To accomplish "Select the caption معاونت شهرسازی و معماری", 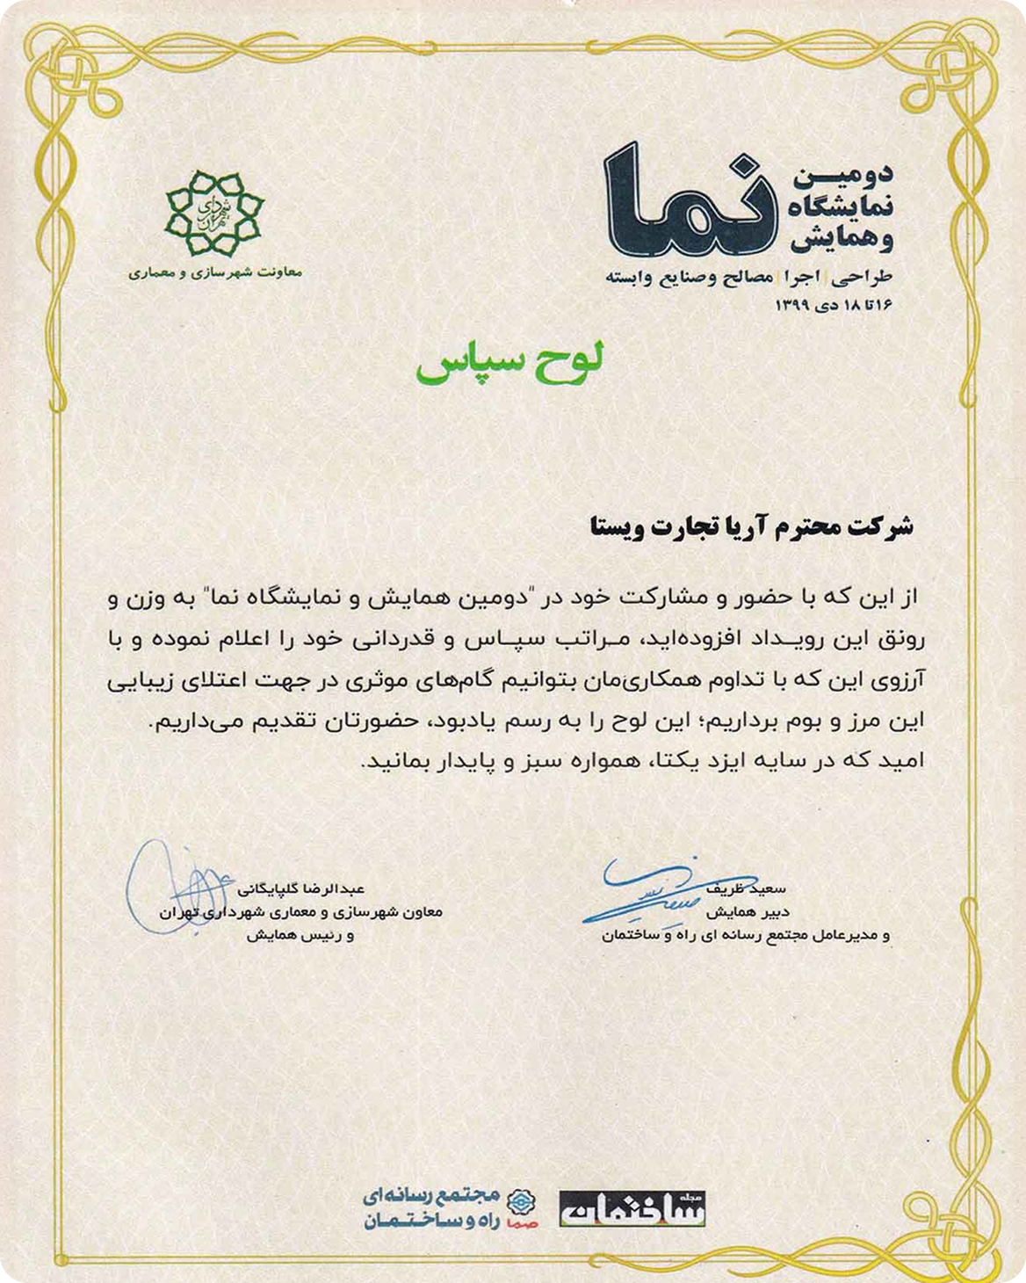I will (x=214, y=272).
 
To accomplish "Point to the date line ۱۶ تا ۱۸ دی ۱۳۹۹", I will (x=833, y=305).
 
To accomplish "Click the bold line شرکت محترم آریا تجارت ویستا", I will (x=750, y=527).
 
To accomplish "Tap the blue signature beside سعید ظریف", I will (x=650, y=888).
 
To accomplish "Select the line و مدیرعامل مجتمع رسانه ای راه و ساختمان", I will (x=746, y=936).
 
